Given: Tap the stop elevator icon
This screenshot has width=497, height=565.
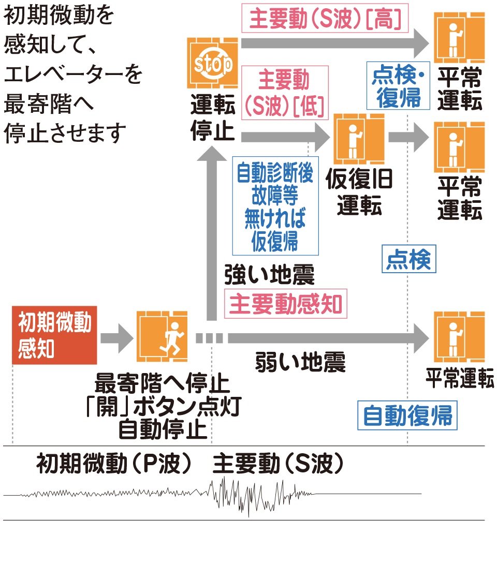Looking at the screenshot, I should [x=213, y=63].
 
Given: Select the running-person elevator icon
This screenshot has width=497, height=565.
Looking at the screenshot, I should [x=162, y=336].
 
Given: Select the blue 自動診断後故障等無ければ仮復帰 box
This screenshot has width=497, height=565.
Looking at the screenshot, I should [x=275, y=205].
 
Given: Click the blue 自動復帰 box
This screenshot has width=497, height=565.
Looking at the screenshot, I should [x=407, y=414].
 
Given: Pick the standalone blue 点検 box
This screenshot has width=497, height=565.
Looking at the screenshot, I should [x=408, y=259].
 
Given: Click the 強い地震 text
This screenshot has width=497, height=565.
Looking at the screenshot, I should [x=269, y=275].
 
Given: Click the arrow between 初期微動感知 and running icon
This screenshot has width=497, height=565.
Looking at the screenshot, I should [x=117, y=337].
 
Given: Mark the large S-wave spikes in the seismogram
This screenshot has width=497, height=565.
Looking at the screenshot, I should [x=248, y=494].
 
